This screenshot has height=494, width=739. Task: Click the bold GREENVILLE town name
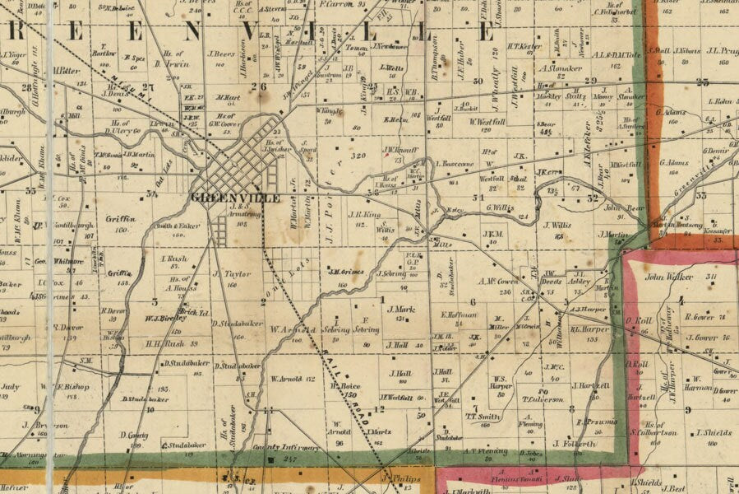pyautogui.click(x=234, y=198)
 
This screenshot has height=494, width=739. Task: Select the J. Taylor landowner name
pyautogui.click(x=231, y=273)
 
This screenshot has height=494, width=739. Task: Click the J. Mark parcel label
pyautogui.click(x=398, y=310)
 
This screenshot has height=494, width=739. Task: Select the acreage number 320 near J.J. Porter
pyautogui.click(x=357, y=154)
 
